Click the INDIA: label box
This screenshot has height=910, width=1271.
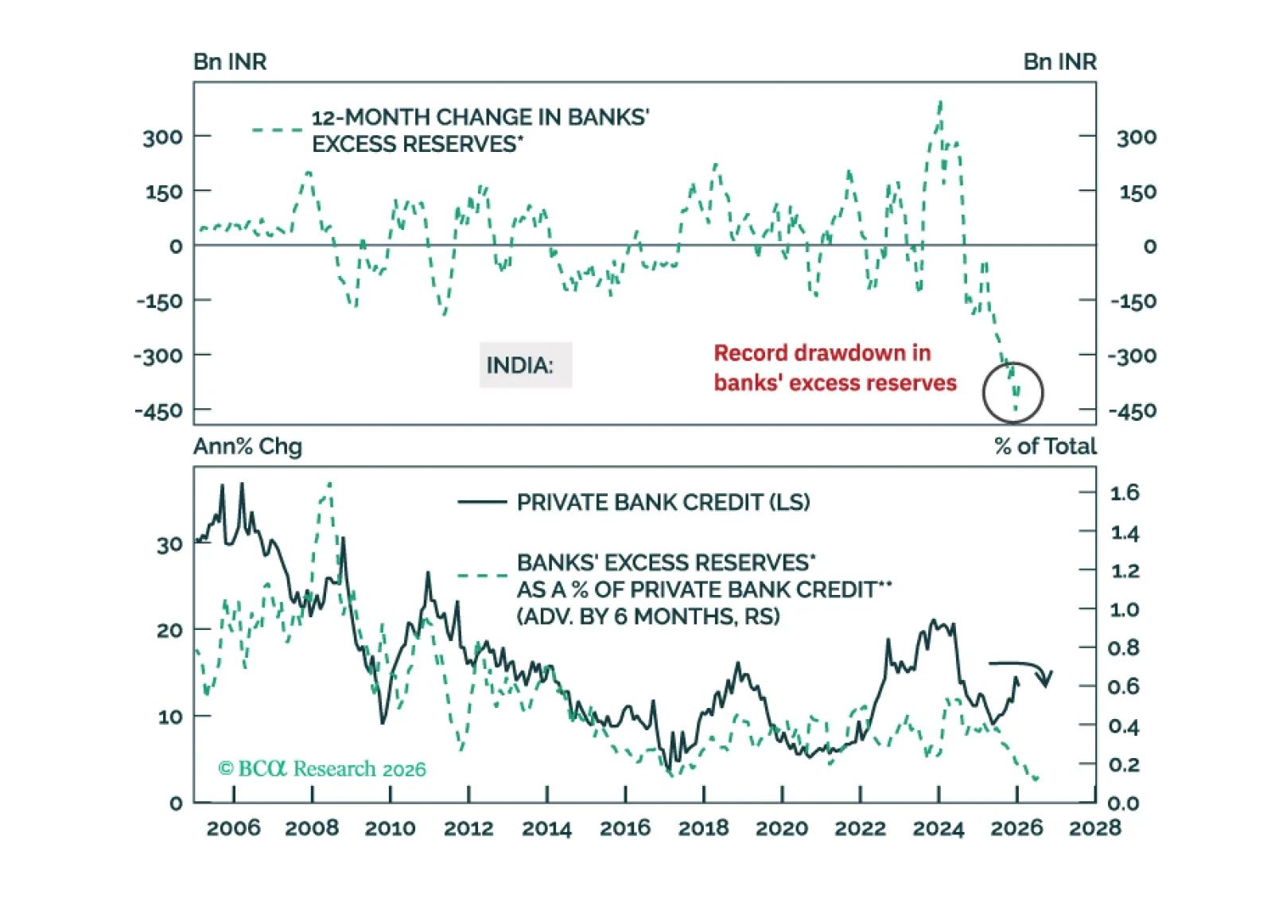(524, 365)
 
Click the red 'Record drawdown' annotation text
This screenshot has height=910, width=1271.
(834, 367)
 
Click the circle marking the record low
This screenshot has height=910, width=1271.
(1013, 392)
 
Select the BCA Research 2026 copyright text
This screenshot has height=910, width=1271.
(322, 768)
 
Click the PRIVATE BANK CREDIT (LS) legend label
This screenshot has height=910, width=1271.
(663, 503)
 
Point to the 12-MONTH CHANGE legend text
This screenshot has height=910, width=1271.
(480, 130)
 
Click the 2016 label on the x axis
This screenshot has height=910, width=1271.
(624, 828)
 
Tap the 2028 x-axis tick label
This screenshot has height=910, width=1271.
(1094, 828)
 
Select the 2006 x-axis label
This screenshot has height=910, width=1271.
(233, 828)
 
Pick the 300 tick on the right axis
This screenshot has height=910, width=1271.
(1136, 138)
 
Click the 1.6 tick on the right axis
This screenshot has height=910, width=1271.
(1124, 493)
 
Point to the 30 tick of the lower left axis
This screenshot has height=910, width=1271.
(169, 546)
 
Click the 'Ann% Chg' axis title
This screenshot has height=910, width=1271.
(247, 446)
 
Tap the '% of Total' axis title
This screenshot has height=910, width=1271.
(1045, 446)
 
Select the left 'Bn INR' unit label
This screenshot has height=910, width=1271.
(230, 62)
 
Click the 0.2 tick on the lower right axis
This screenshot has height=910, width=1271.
(1123, 765)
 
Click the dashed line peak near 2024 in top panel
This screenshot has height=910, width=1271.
(941, 103)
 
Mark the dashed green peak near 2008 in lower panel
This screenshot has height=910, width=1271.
(329, 484)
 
